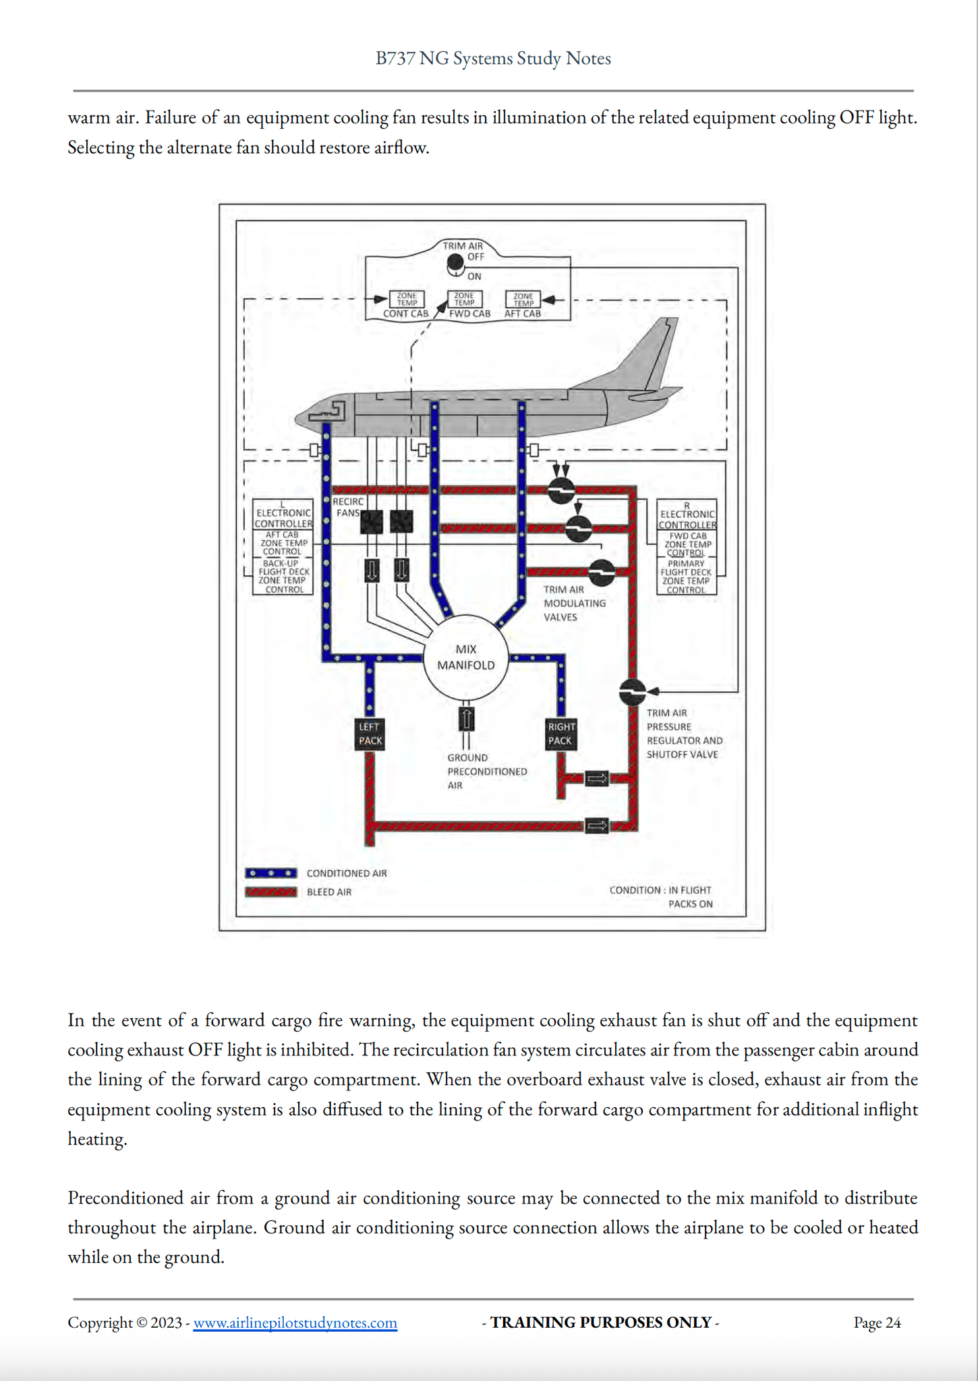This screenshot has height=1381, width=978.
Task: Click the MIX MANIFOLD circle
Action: (465, 657)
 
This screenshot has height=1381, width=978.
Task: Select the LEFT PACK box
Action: (370, 734)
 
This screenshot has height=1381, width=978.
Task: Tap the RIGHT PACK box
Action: (560, 734)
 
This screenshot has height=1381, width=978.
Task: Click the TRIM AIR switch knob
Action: (456, 266)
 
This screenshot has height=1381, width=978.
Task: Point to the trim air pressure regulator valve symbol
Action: (632, 691)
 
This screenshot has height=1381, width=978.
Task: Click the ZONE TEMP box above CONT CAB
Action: (407, 299)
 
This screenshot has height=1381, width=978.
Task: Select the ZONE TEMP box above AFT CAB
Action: (523, 299)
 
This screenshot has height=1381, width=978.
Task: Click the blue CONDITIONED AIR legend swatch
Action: (270, 873)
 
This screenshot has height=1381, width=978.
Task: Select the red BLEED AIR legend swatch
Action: (270, 892)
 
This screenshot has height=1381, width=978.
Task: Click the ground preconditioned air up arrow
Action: (466, 718)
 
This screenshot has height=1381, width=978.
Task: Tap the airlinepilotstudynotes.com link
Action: (295, 1323)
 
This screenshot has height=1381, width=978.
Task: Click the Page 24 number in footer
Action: (877, 1323)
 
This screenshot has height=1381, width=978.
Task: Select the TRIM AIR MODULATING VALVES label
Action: (574, 603)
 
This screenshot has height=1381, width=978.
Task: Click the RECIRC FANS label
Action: (347, 507)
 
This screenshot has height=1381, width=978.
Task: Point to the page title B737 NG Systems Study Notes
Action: (493, 59)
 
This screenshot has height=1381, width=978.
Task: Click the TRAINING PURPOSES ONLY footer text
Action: (600, 1323)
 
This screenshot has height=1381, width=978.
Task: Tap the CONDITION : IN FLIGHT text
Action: (660, 890)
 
